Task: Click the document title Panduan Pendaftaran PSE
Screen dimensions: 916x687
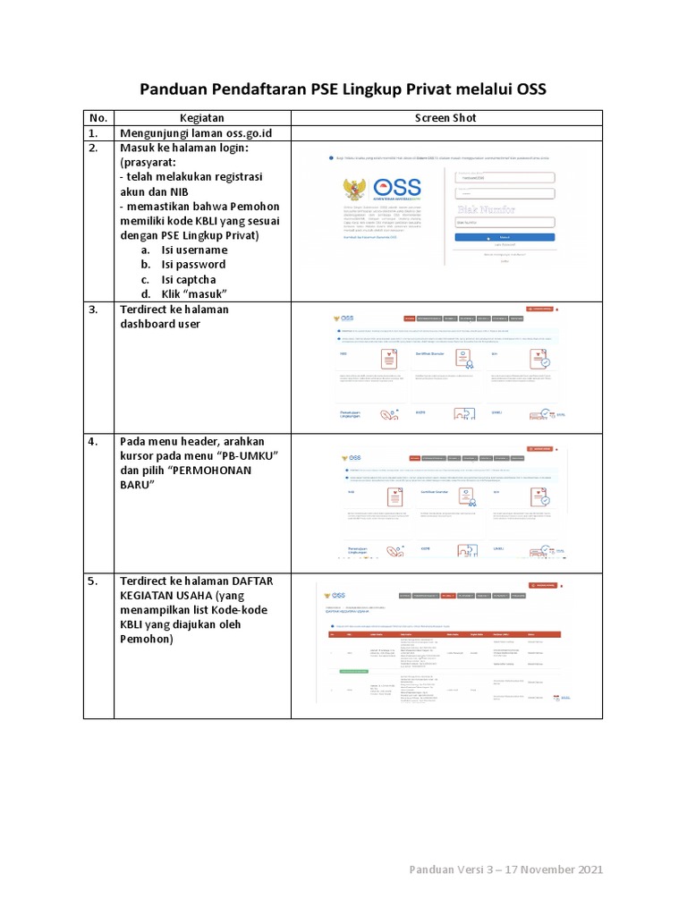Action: click(343, 89)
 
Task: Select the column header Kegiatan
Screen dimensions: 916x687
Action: click(201, 118)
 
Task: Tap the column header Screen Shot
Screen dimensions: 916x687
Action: click(445, 118)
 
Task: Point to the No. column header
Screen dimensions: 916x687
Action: click(98, 118)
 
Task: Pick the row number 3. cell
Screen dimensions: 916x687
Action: click(98, 310)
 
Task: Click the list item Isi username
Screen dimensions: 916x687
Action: click(194, 250)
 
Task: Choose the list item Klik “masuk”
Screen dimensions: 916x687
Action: click(194, 294)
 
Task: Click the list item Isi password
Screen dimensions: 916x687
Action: click(193, 265)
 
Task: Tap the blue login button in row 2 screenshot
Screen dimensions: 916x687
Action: click(505, 237)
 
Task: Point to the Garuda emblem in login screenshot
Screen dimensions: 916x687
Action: click(354, 190)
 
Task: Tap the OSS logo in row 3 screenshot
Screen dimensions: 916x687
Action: click(343, 318)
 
